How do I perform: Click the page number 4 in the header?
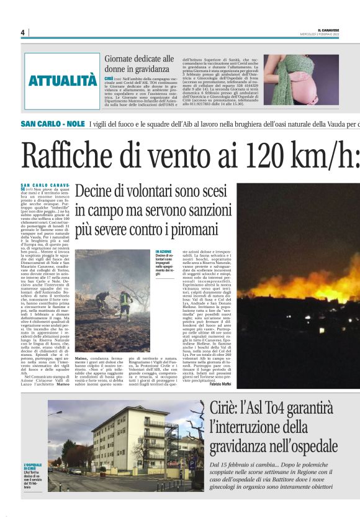pos(22,32)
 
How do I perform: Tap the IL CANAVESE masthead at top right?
pos(330,30)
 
